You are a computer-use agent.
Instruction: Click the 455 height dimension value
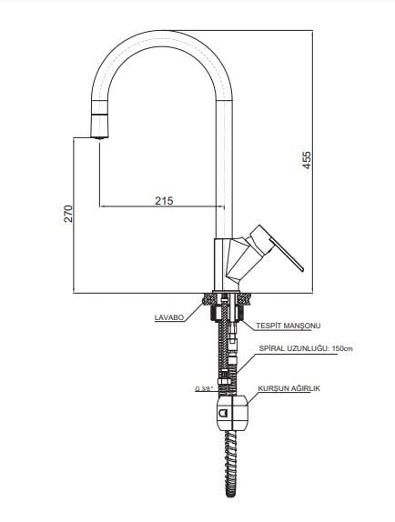coord(307,160)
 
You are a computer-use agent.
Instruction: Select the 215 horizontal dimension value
coord(164,200)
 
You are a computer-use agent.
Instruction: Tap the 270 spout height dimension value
coord(68,214)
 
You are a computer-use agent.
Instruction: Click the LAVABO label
coord(169,317)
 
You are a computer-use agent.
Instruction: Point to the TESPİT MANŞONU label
coord(289,326)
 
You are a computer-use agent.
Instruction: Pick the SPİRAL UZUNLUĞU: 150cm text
coord(306,348)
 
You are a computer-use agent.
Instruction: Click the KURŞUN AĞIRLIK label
coord(289,388)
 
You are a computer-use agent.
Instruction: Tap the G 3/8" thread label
coord(204,388)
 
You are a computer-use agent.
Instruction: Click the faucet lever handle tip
coord(302,269)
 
